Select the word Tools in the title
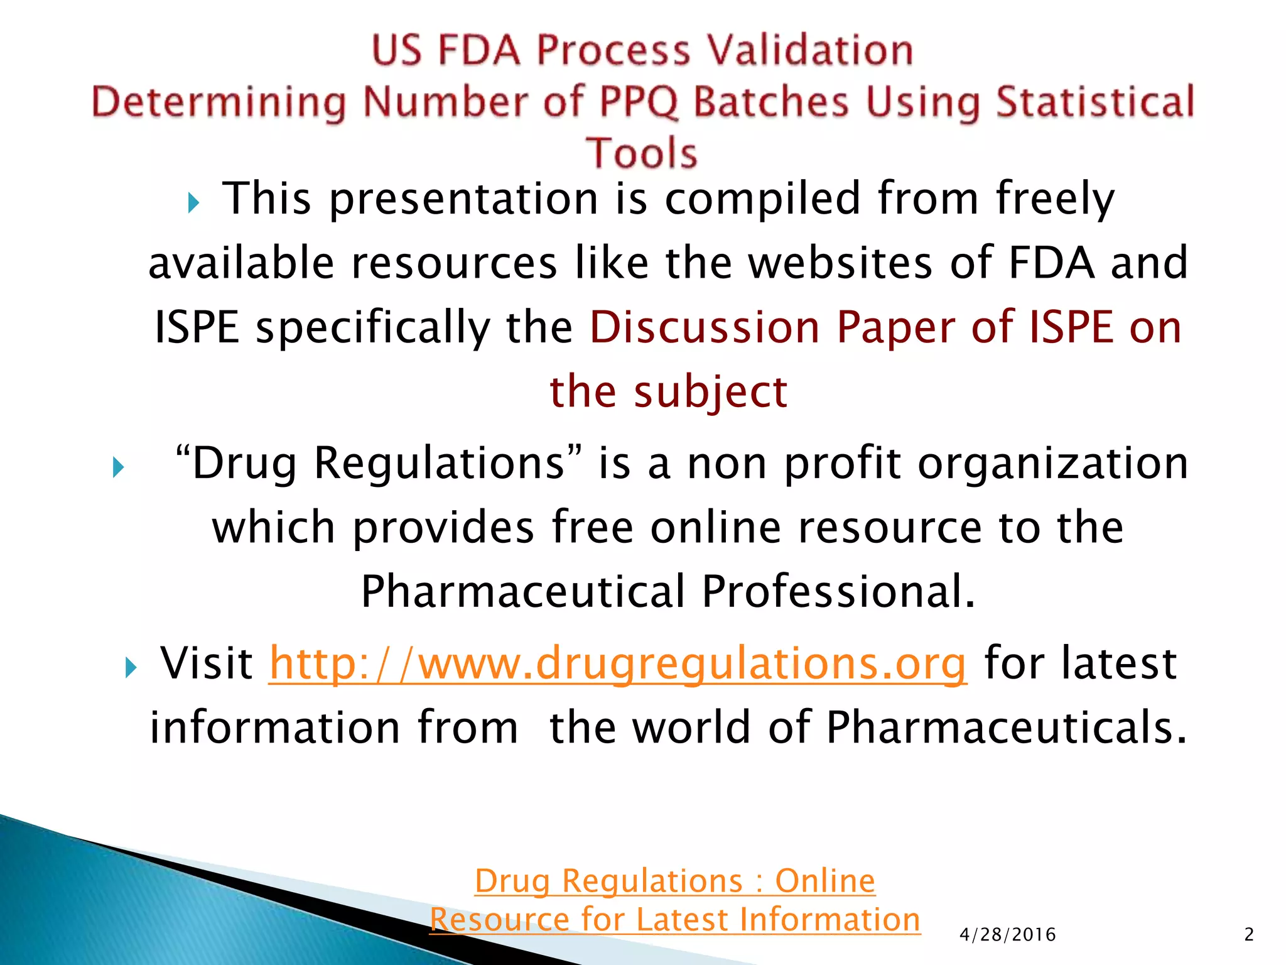pos(641,153)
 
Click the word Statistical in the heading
pos(1095,102)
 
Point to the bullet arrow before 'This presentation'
pos(193,203)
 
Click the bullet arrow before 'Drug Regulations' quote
pos(118,467)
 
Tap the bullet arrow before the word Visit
pos(131,667)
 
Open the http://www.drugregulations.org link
pos(618,663)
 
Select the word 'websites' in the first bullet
pos(841,263)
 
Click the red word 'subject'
pos(710,393)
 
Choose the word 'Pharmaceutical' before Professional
pos(523,592)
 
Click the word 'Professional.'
pos(838,592)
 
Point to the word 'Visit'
pos(207,663)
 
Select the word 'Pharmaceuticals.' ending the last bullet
pos(1007,728)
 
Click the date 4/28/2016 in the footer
pos(1008,935)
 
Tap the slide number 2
pos(1249,935)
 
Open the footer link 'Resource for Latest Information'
pos(675,920)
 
